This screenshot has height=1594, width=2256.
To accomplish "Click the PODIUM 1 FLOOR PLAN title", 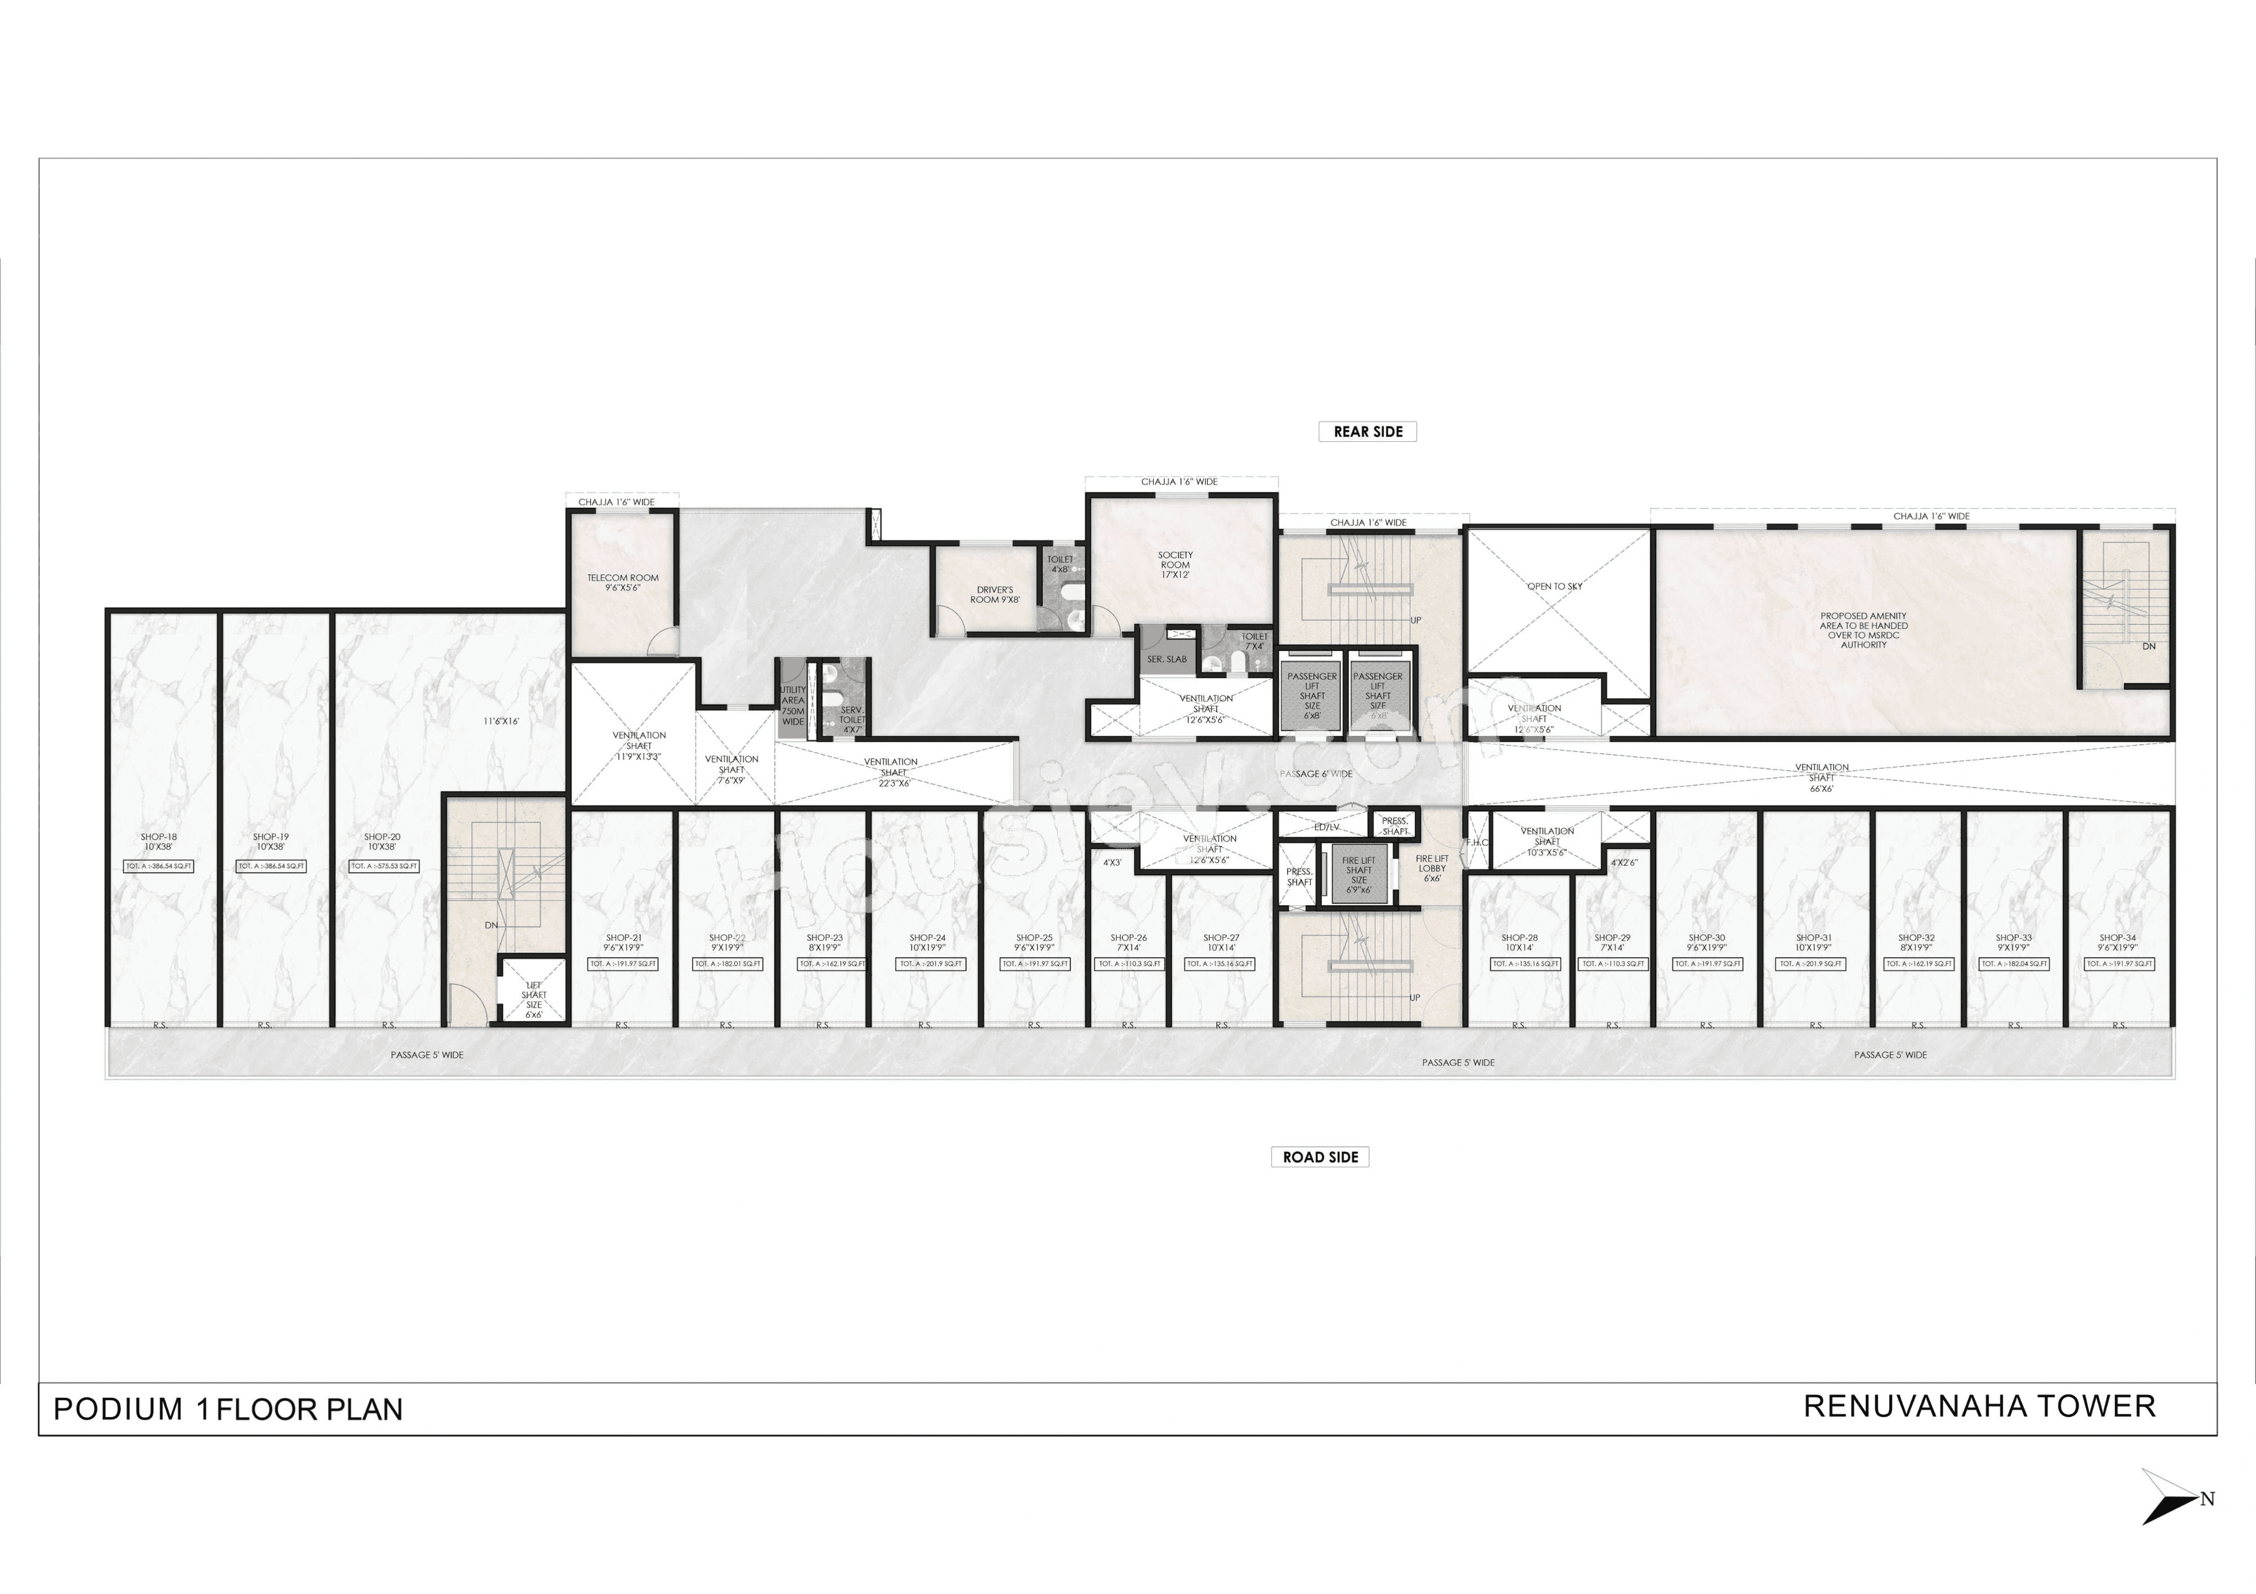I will [x=228, y=1410].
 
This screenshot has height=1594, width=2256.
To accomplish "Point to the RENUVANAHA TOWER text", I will [x=1979, y=1407].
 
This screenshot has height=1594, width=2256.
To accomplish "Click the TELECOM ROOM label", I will [x=623, y=582].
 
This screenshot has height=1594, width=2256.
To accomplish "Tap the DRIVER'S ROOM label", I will [x=995, y=595].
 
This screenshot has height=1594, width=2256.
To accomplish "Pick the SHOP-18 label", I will [x=158, y=841].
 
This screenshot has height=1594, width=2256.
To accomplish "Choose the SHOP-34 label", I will [x=2117, y=942].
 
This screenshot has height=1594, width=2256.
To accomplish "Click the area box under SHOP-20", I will [x=384, y=867].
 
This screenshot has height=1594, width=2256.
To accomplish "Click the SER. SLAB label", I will [x=1166, y=659].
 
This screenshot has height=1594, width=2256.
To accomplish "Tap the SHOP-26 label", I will [x=1128, y=942].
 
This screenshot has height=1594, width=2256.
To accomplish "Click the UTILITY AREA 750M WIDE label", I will [x=792, y=706].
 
